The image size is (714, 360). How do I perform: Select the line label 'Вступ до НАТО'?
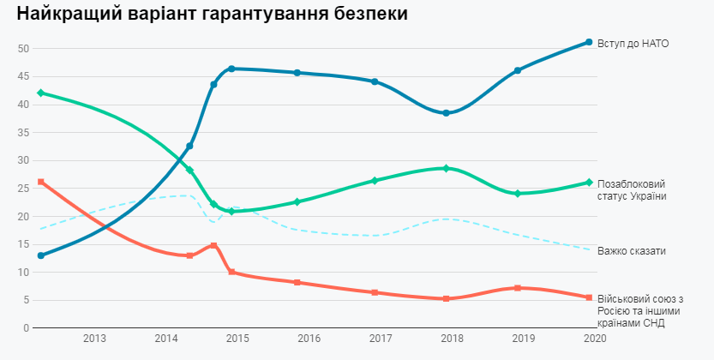pyautogui.click(x=633, y=43)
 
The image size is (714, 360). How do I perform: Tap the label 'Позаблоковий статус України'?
pyautogui.click(x=632, y=190)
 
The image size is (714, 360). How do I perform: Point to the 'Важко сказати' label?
pyautogui.click(x=632, y=250)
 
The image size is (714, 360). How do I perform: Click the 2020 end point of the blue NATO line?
pyautogui.click(x=589, y=42)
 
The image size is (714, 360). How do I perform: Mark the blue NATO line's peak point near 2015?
pyautogui.click(x=231, y=69)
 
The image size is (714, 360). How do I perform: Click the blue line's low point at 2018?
pyautogui.click(x=446, y=113)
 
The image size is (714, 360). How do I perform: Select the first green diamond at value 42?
pyautogui.click(x=41, y=93)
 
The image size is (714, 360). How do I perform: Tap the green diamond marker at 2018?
pyautogui.click(x=446, y=168)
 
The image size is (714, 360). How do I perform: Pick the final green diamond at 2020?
pyautogui.click(x=589, y=183)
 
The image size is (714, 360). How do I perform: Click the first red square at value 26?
pyautogui.click(x=41, y=182)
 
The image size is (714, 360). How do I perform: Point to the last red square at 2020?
pyautogui.click(x=589, y=297)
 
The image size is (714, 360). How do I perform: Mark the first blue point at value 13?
pyautogui.click(x=41, y=255)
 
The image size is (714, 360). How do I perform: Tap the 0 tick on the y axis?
pyautogui.click(x=27, y=328)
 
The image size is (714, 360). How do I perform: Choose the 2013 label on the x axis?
pyautogui.click(x=94, y=339)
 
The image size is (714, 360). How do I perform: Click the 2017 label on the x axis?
pyautogui.click(x=380, y=339)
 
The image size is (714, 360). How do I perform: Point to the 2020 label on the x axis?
pyautogui.click(x=593, y=339)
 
